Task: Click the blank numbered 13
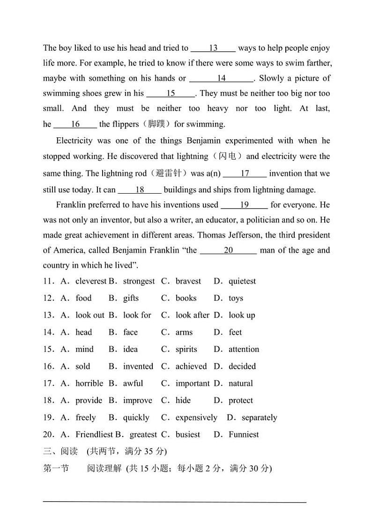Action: click(213, 48)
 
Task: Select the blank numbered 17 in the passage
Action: click(245, 173)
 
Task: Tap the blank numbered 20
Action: click(228, 250)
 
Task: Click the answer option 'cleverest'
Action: click(91, 281)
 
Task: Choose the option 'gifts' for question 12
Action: click(131, 298)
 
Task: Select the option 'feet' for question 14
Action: click(235, 332)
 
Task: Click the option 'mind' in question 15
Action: click(84, 349)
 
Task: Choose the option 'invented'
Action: click(138, 366)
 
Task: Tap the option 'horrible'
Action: click(89, 384)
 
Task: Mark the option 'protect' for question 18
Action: click(240, 400)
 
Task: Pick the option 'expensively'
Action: click(196, 417)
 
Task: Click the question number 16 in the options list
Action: click(49, 366)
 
